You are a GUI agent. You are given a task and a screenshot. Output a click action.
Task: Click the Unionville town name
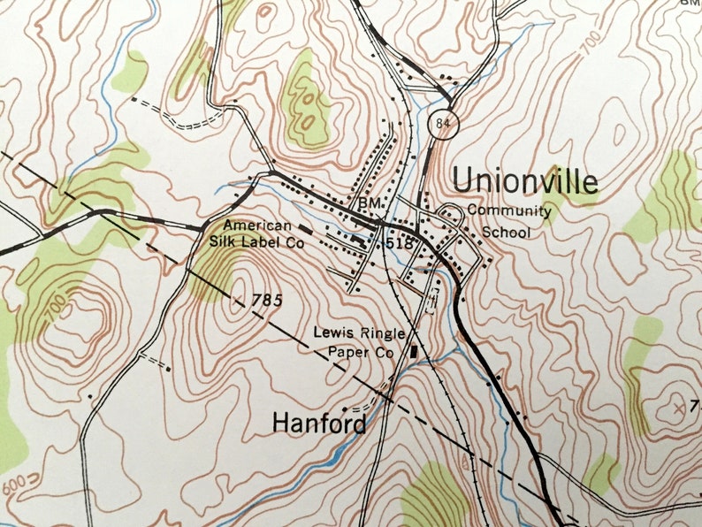pos(525,180)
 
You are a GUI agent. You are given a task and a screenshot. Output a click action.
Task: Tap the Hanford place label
pos(318,424)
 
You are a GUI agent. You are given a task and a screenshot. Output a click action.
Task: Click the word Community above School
pos(508,211)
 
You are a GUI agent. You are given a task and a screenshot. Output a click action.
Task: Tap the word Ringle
pos(382,333)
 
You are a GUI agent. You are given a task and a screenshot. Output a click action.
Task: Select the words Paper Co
pos(366,351)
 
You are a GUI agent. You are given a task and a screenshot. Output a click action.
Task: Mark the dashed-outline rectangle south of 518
pos(433,297)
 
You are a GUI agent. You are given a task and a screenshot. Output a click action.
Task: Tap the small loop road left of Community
pos(450,211)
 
